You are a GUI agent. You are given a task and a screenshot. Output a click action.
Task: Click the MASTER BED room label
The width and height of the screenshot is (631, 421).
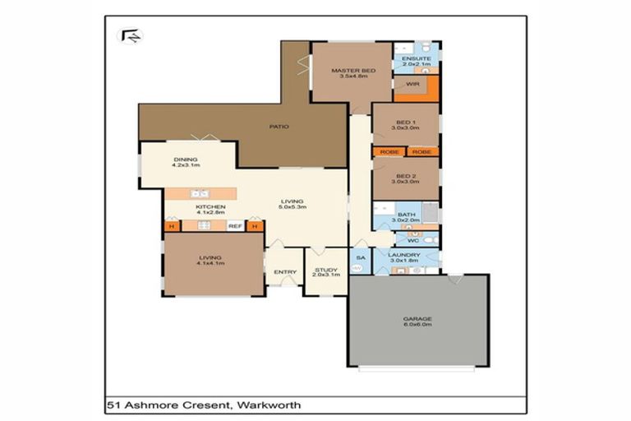tap(353, 72)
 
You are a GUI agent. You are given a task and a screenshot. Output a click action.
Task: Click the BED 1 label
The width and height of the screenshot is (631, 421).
tap(405, 123)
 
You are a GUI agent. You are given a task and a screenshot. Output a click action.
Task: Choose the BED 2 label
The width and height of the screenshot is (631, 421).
tap(405, 176)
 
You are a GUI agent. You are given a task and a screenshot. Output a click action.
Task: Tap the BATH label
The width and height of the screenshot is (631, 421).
tap(405, 215)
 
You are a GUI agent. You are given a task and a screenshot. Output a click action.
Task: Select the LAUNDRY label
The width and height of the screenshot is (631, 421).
tap(405, 255)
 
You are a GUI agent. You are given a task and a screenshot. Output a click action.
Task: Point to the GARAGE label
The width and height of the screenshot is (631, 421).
tap(417, 319)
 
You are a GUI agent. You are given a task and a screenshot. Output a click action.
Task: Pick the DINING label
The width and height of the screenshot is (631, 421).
tap(186, 160)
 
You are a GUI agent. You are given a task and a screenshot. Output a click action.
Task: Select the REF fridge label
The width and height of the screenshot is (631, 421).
tap(234, 226)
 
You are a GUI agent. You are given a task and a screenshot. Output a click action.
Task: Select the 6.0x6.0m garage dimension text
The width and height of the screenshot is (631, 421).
tap(417, 326)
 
